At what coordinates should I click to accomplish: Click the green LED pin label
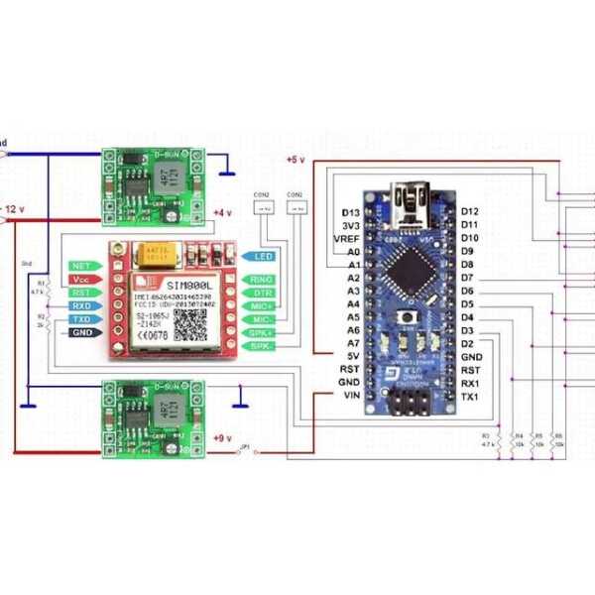262,256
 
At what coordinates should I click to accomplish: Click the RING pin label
262,281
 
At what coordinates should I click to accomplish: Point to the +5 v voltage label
296,160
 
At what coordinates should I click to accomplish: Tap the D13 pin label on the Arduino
350,212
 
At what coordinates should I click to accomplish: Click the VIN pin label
349,396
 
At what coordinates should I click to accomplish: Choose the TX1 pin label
470,397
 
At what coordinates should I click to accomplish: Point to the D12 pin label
470,212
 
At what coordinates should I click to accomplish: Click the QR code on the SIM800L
188,323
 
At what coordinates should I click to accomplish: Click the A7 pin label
353,343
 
